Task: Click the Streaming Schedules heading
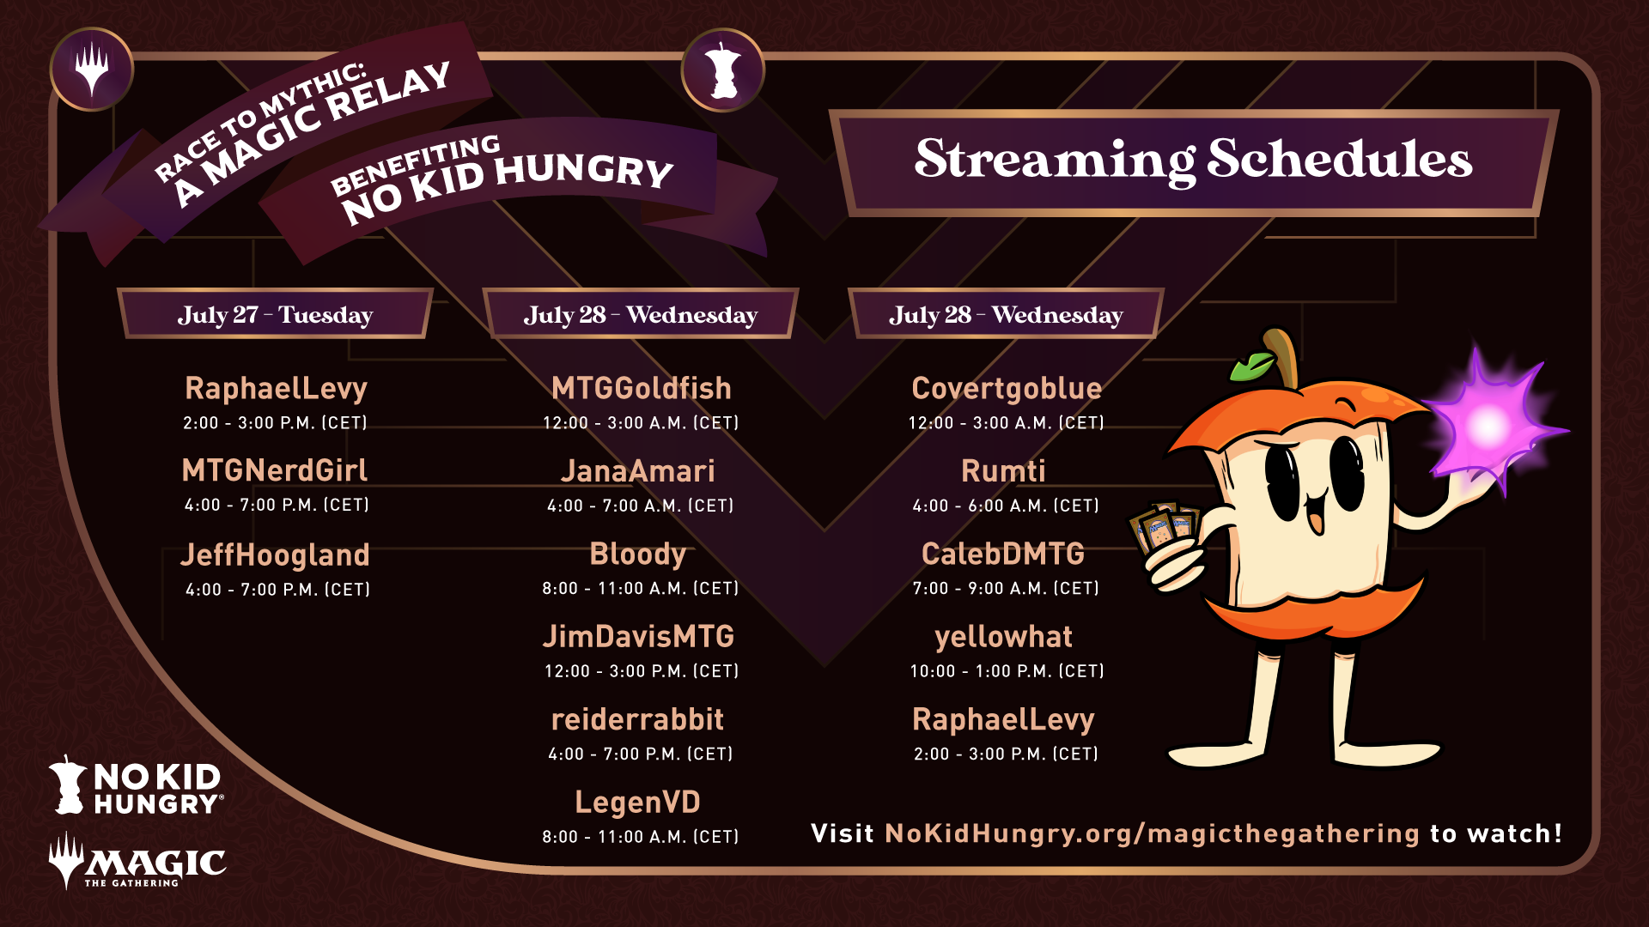(1193, 159)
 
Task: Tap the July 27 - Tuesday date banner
(275, 314)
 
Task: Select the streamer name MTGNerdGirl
(275, 470)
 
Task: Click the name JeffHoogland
(275, 554)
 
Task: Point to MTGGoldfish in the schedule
(641, 388)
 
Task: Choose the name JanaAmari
(638, 471)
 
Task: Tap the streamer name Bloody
(638, 554)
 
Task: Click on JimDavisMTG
(638, 637)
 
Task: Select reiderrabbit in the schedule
(638, 719)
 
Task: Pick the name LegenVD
(638, 803)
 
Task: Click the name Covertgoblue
(1007, 389)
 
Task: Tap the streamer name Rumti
(1003, 471)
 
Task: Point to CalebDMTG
(1003, 554)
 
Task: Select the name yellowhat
(1003, 637)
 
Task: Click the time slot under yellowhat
(1007, 671)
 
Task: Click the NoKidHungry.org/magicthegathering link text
(1152, 833)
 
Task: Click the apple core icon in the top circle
(723, 70)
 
